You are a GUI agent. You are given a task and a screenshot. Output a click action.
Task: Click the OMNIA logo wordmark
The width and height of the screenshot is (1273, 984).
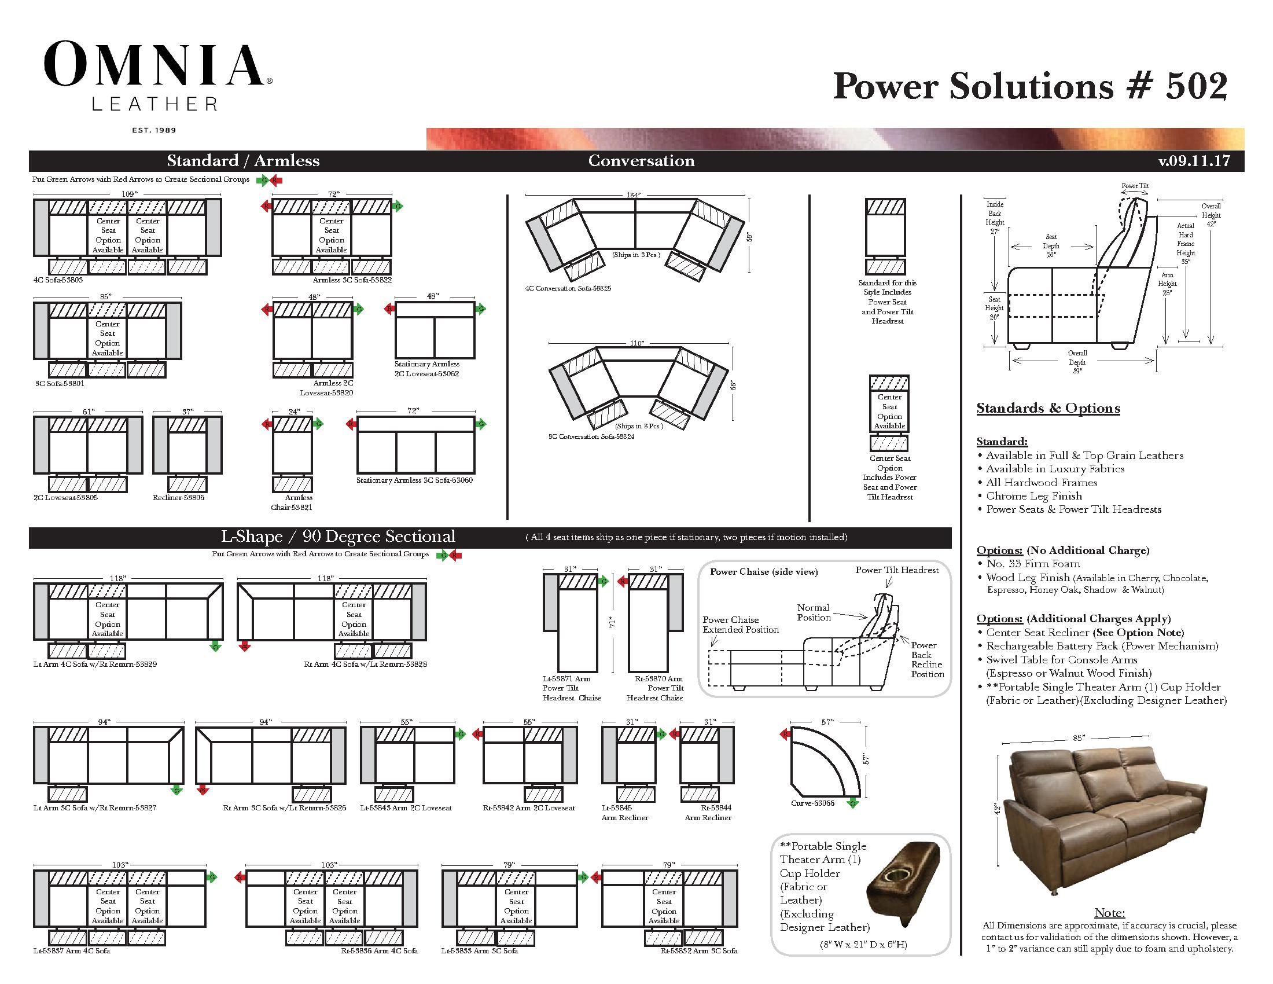coord(154,66)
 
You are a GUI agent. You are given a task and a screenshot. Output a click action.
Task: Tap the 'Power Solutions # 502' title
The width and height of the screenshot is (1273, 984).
coord(1030,86)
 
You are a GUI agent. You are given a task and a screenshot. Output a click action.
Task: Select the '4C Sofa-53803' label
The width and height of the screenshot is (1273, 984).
coord(58,280)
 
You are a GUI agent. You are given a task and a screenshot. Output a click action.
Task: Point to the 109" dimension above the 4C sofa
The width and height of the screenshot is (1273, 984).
coord(129,193)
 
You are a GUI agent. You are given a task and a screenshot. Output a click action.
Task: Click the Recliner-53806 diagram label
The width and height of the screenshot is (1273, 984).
coord(178,498)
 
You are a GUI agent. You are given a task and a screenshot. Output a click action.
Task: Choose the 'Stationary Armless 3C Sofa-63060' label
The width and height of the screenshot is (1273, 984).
coord(414,480)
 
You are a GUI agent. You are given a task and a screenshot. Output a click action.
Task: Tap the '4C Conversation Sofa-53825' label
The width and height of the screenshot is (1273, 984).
coord(568,289)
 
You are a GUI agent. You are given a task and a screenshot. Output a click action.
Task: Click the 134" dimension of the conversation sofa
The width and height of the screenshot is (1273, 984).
coord(633,194)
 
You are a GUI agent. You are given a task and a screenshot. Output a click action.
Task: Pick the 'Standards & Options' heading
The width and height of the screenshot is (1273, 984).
coord(1048,408)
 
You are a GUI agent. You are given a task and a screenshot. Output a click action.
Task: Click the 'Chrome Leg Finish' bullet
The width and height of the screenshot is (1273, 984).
coord(1033,496)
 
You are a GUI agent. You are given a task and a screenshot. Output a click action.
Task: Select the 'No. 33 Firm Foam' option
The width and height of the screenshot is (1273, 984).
coord(1033,564)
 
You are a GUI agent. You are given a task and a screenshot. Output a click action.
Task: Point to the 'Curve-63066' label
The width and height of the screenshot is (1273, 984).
coord(812,803)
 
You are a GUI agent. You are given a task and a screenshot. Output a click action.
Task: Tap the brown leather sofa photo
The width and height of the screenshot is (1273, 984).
coord(1105,827)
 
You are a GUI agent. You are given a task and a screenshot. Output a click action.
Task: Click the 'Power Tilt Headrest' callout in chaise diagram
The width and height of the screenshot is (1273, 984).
coord(896,570)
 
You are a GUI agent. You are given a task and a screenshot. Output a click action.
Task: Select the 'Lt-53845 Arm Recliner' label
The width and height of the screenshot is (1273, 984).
coord(624,813)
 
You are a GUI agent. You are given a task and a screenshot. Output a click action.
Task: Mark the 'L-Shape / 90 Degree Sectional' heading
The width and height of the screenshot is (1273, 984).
coord(337,537)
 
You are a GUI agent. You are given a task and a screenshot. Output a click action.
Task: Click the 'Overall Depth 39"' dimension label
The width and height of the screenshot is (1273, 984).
coord(1077,362)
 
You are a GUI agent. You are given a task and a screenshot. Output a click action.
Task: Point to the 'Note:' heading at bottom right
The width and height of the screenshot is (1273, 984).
coord(1109,913)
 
